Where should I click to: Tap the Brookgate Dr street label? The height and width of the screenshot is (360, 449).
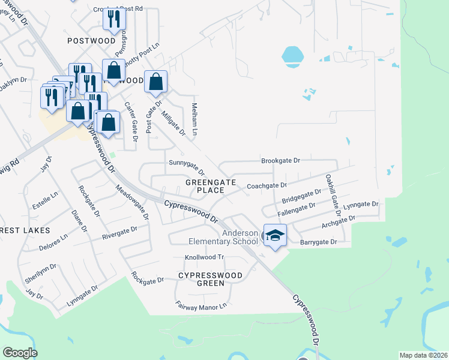point(280,161)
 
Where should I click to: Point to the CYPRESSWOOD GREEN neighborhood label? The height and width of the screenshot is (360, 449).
point(210,280)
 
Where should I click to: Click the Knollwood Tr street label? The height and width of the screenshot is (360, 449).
point(203,257)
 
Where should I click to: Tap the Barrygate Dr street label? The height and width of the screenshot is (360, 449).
point(318,242)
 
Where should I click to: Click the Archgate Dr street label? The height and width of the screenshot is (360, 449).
point(339,223)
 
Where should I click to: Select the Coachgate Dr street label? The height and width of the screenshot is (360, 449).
point(267,186)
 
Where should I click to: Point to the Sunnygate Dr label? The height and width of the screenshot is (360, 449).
point(187,166)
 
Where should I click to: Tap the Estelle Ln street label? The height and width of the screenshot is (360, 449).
point(46,199)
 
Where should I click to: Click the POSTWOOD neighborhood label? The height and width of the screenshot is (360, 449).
point(91,41)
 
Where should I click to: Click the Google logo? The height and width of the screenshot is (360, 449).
point(19,353)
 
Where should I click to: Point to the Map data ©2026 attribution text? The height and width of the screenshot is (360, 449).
point(424,355)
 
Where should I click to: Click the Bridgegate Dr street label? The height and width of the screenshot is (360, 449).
point(302,196)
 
